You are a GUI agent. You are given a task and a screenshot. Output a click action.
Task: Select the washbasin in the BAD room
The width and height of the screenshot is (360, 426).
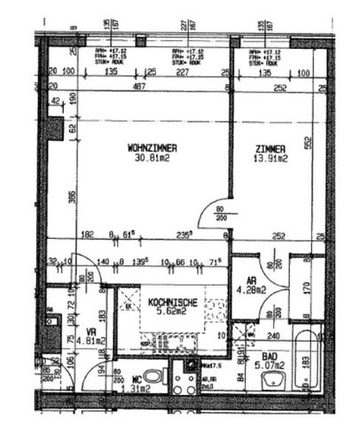pyautogui.click(x=272, y=380)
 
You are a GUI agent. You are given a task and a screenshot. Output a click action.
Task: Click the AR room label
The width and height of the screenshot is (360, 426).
pyautogui.click(x=250, y=278)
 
